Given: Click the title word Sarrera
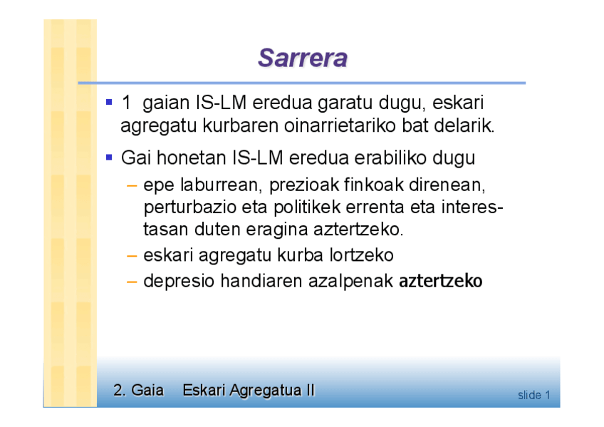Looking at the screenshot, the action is coord(303,58).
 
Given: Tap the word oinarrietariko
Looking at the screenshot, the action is coord(340,125).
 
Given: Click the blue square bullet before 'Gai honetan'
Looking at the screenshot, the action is coord(109,158).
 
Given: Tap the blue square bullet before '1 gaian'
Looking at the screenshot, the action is coord(109,102).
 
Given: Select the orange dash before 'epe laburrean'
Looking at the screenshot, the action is coord(132,186).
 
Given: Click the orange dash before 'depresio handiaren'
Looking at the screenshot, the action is coord(132,282).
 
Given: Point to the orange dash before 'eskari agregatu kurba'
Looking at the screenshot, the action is coord(132,256).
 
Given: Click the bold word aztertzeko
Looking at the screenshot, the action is coord(440,281).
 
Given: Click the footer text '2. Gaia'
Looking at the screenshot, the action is coord(138,390).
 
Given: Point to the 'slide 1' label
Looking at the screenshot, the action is coord(534,395).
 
